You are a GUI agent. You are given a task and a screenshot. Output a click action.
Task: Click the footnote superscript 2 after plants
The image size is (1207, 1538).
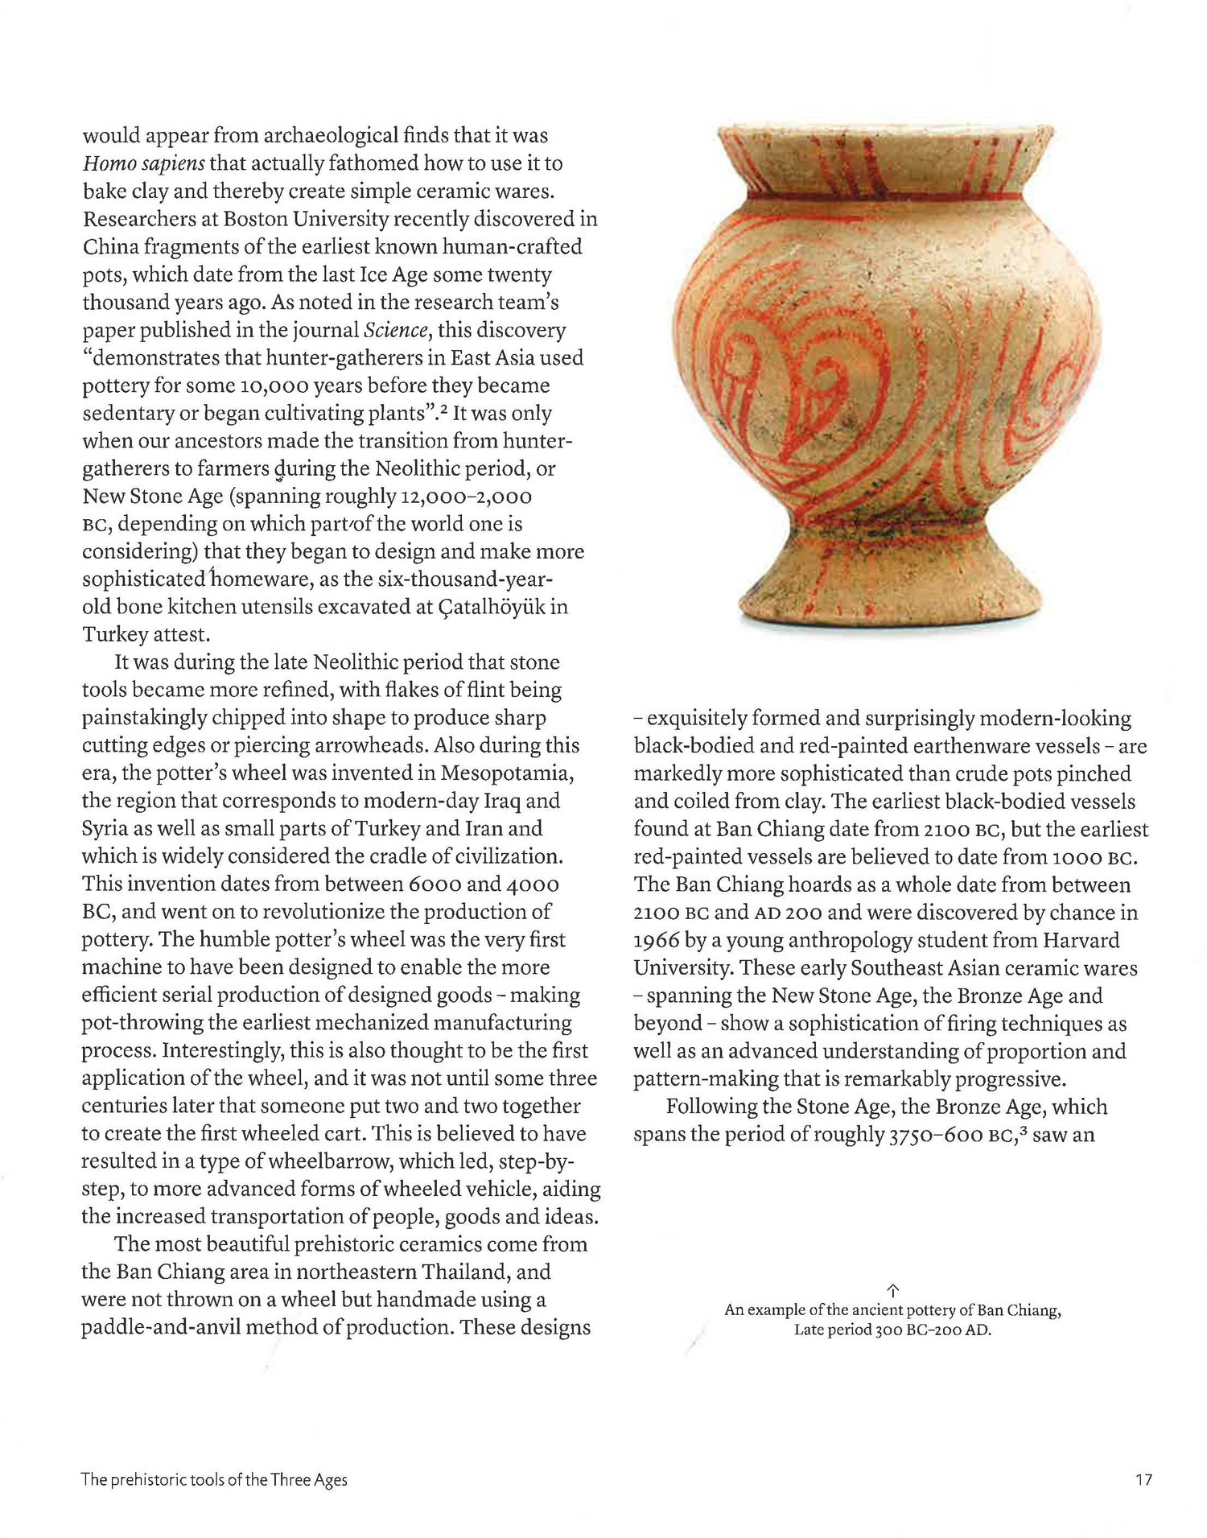point(455,410)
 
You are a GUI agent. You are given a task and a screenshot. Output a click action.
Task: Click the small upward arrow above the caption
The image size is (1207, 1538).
point(892,1290)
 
